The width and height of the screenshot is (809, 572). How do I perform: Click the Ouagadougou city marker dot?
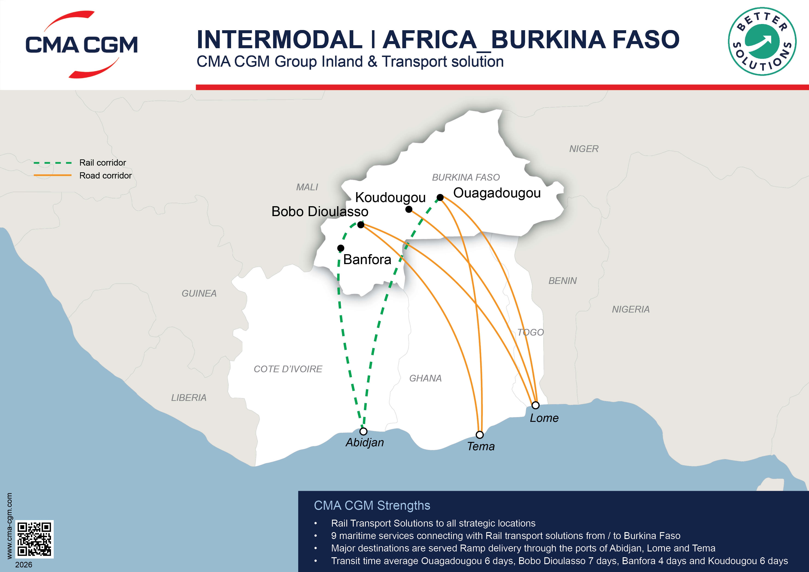(440, 197)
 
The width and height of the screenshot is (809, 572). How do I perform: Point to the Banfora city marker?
(341, 248)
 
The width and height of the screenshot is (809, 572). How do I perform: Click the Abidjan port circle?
(363, 431)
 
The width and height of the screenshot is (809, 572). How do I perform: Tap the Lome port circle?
(535, 405)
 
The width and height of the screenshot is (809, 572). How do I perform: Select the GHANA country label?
(425, 378)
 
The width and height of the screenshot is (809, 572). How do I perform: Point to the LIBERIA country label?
(189, 398)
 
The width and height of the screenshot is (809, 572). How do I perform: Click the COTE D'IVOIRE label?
(288, 369)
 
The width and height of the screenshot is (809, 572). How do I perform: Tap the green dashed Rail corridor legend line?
(53, 163)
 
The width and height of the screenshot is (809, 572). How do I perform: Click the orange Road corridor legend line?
(53, 175)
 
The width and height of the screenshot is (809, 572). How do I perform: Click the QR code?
(35, 539)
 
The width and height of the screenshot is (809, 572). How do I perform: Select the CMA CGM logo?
(82, 45)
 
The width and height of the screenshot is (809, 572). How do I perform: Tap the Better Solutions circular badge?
(762, 42)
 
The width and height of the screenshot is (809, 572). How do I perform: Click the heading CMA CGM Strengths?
(372, 505)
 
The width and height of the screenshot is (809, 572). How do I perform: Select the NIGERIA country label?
(631, 310)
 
